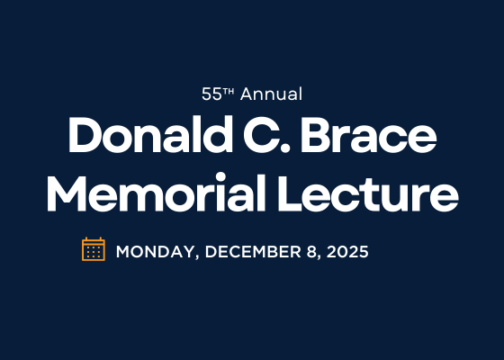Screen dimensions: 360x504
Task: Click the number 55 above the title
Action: pyautogui.click(x=211, y=94)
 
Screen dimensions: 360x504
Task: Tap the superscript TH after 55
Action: pyautogui.click(x=228, y=91)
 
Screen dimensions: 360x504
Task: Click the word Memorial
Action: pyautogui.click(x=154, y=193)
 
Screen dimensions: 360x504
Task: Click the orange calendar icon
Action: pyautogui.click(x=94, y=249)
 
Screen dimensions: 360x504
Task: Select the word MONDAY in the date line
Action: pyautogui.click(x=154, y=252)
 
